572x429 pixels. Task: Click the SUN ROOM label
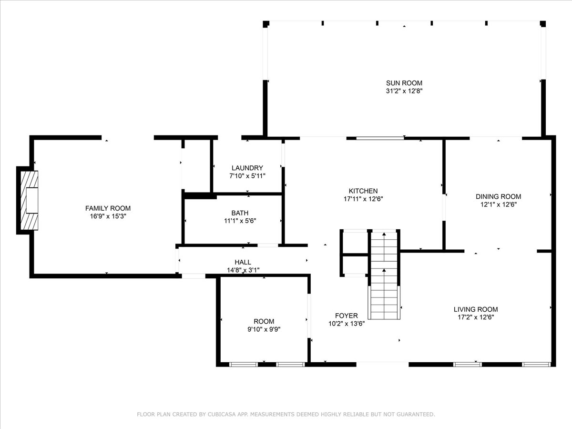tap(404, 83)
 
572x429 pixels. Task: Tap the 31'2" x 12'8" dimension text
tap(404, 91)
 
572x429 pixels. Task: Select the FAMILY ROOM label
tap(108, 208)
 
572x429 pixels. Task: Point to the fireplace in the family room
tap(30, 200)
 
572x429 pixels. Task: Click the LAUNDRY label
tap(247, 168)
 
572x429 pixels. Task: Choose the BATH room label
tap(240, 213)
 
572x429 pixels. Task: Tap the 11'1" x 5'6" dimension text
tap(240, 221)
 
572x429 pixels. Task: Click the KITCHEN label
tap(363, 191)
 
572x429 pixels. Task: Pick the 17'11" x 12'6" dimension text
tap(363, 199)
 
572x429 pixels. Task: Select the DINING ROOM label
tap(499, 197)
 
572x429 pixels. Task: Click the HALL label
tap(243, 262)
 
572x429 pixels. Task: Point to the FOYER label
tap(347, 316)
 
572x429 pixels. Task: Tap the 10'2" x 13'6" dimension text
tap(347, 324)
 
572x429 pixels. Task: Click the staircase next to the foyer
tap(384, 275)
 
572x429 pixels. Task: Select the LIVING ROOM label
tap(476, 309)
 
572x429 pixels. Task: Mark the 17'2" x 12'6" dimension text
tap(476, 317)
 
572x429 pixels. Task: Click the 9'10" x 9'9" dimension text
tap(264, 329)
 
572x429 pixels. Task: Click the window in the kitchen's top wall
tap(380, 138)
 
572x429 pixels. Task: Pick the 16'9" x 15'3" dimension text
tap(108, 216)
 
